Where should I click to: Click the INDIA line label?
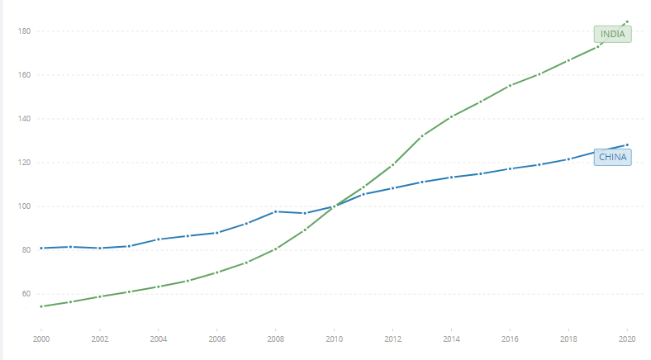click(x=612, y=34)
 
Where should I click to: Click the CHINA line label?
click(x=613, y=157)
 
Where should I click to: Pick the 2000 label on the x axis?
click(x=41, y=339)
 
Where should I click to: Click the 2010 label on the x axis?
click(x=334, y=339)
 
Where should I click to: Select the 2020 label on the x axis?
click(x=627, y=339)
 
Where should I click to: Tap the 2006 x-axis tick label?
click(x=217, y=339)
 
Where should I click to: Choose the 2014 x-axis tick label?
click(x=451, y=339)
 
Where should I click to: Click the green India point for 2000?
click(x=41, y=306)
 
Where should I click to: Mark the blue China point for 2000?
click(x=41, y=248)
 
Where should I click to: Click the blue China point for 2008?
click(x=276, y=211)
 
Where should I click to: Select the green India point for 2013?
click(x=422, y=135)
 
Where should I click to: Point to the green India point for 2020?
click(x=627, y=21)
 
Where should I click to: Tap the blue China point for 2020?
click(x=627, y=145)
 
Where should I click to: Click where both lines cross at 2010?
click(x=334, y=206)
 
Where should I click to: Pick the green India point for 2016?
click(x=510, y=85)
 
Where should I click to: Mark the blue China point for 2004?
click(x=159, y=239)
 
